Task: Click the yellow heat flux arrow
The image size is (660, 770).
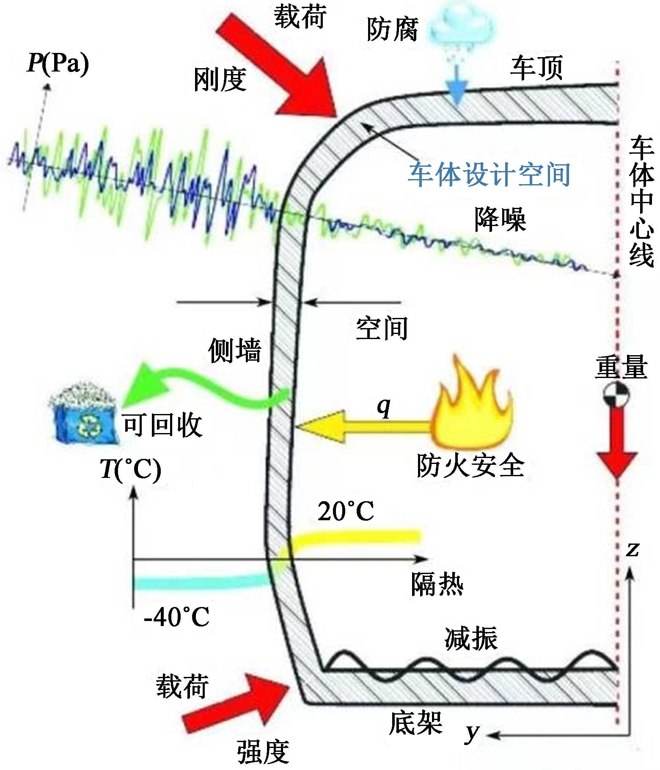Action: click(x=364, y=427)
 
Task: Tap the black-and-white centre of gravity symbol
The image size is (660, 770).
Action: click(x=616, y=395)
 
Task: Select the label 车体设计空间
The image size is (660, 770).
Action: click(x=489, y=174)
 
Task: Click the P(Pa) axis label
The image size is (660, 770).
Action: click(x=58, y=63)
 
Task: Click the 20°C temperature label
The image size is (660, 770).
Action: click(x=346, y=511)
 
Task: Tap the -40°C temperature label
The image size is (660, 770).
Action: click(x=176, y=617)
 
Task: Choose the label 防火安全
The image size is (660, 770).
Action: click(x=470, y=466)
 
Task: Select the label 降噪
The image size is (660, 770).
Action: click(x=500, y=220)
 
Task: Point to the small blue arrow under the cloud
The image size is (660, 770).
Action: click(x=456, y=87)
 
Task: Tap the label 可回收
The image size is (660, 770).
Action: click(x=162, y=425)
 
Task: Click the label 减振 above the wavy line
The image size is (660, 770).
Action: click(x=471, y=638)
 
